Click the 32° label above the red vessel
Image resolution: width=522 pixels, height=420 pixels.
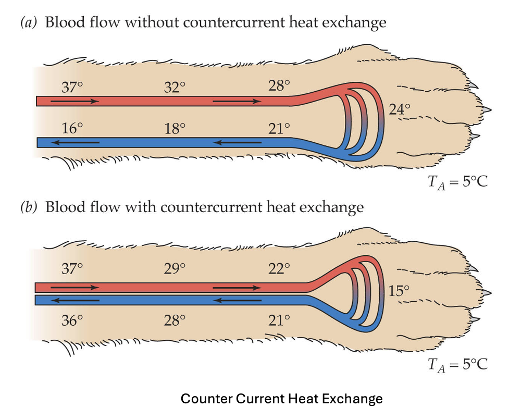click(175, 87)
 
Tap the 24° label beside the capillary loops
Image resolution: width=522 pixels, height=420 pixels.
click(400, 109)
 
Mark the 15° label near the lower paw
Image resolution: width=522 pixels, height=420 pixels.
click(400, 291)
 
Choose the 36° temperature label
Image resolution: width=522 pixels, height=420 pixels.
click(72, 319)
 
